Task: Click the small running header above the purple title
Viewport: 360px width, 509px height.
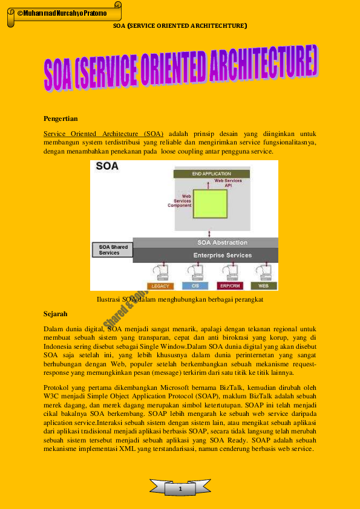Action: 180,26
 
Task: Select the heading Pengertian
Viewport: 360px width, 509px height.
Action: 61,118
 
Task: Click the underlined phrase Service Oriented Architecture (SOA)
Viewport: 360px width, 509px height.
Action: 103,133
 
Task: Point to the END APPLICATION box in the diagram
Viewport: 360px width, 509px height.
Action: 211,173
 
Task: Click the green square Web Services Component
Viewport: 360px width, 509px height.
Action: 210,203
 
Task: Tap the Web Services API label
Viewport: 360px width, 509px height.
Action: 228,183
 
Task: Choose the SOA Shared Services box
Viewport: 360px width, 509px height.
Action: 113,250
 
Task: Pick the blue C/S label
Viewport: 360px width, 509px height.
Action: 195,285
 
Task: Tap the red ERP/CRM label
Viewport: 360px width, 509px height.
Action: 229,285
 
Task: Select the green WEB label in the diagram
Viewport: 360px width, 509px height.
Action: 264,285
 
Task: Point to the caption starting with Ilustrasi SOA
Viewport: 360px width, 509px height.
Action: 180,299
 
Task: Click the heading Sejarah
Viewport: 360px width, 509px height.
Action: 56,314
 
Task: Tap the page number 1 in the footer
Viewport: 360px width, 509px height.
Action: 180,487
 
